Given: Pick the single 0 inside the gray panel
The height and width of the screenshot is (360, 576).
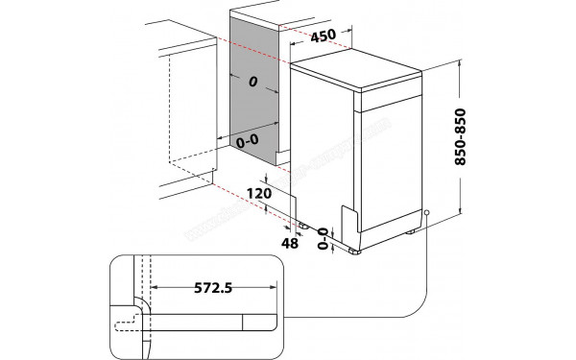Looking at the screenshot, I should click(x=252, y=83).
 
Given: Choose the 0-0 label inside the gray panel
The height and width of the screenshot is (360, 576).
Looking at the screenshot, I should click(x=246, y=140).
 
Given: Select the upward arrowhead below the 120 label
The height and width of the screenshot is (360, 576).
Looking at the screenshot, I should click(x=268, y=210).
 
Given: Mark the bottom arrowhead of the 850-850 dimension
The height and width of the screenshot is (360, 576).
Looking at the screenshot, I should click(x=464, y=210).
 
